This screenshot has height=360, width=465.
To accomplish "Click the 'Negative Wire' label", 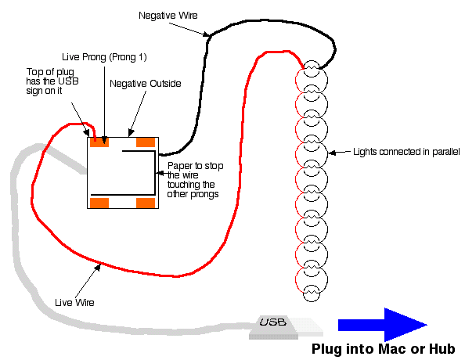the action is pyautogui.click(x=168, y=16).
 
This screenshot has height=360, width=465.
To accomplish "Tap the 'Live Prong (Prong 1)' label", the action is pyautogui.click(x=104, y=57).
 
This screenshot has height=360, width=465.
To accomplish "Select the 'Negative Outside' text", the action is pyautogui.click(x=146, y=84).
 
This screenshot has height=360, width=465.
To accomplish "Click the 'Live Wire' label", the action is pyautogui.click(x=74, y=302).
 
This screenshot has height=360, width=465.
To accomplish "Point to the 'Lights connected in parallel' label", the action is pyautogui.click(x=406, y=152).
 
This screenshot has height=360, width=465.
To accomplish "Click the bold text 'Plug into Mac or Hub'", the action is pyautogui.click(x=383, y=349).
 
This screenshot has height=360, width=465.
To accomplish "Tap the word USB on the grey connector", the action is pyautogui.click(x=273, y=322).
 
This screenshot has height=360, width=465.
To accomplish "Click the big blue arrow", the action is pyautogui.click(x=383, y=325).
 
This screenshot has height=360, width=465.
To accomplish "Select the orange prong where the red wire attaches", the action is pyautogui.click(x=99, y=142).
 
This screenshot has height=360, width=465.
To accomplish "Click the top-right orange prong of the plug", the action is pyautogui.click(x=146, y=142).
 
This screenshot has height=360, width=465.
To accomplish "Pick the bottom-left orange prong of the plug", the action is pyautogui.click(x=99, y=203).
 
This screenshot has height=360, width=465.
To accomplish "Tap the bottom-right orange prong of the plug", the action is pyautogui.click(x=146, y=203).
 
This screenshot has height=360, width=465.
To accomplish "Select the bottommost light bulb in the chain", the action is pyautogui.click(x=311, y=293).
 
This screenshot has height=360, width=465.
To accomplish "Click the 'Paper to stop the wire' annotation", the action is pyautogui.click(x=195, y=180).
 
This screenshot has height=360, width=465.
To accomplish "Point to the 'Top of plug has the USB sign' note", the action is pyautogui.click(x=52, y=81).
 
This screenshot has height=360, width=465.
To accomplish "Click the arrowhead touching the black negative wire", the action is pyautogui.click(x=207, y=34).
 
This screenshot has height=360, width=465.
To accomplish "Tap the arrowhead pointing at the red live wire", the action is pyautogui.click(x=98, y=268).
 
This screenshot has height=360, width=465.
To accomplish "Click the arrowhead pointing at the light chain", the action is pyautogui.click(x=333, y=153).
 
